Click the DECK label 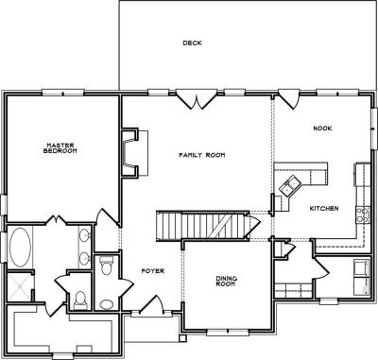pyautogui.click(x=193, y=43)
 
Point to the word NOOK pyautogui.click(x=322, y=129)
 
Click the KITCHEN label pyautogui.click(x=324, y=207)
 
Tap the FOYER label pyautogui.click(x=152, y=271)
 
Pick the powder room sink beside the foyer pyautogui.click(x=106, y=303)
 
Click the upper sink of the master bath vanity pyautogui.click(x=84, y=235)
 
